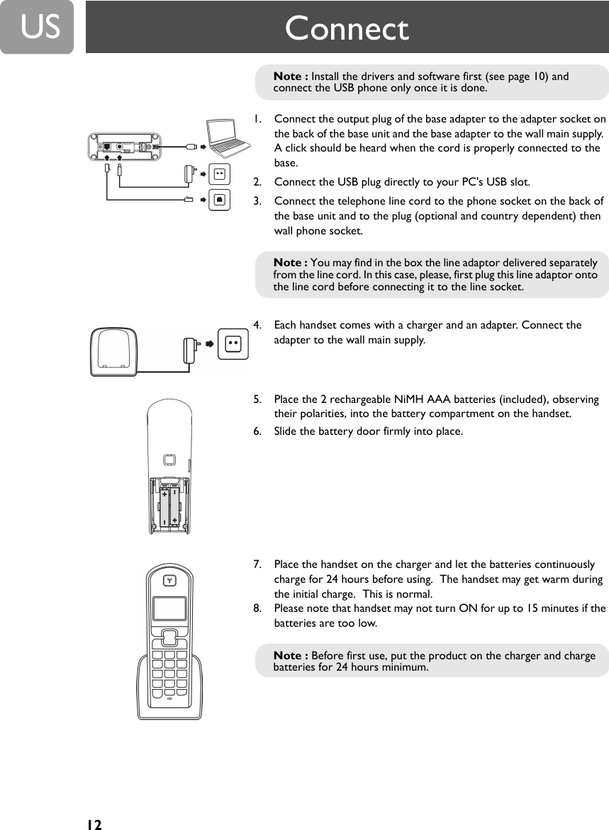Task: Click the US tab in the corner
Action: (37, 27)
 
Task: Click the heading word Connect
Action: (347, 29)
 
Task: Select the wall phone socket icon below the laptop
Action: (220, 200)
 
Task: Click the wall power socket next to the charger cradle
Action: (233, 343)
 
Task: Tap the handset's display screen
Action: (169, 608)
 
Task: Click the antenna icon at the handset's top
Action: (169, 581)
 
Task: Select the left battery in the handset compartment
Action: (165, 506)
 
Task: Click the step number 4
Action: (258, 325)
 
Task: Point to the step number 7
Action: (258, 564)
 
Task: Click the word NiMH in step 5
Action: (404, 399)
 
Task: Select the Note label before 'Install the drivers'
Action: (291, 76)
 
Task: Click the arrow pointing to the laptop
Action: (201, 147)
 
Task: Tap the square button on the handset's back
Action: (169, 460)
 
